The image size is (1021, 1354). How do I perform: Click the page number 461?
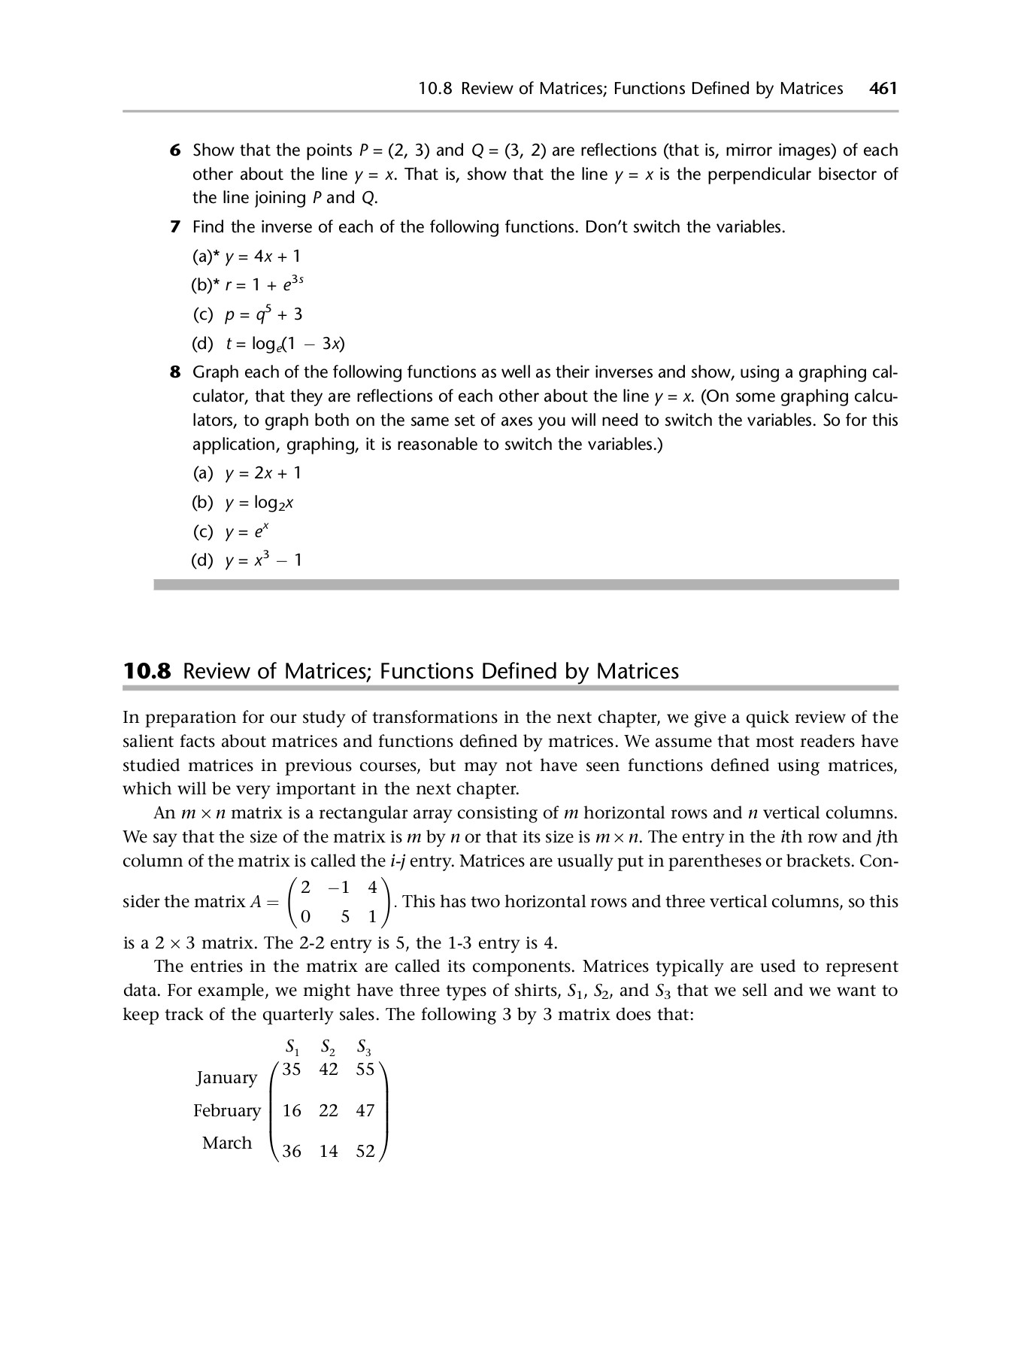pyautogui.click(x=883, y=89)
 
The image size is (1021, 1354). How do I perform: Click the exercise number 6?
pyautogui.click(x=174, y=150)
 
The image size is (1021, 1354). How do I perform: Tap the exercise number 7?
pyautogui.click(x=174, y=227)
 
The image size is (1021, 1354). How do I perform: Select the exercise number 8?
pyautogui.click(x=174, y=372)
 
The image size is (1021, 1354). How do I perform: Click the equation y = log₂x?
pyautogui.click(x=259, y=502)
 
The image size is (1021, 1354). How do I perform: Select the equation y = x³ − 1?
pyautogui.click(x=263, y=560)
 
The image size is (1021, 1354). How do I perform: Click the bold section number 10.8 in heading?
pyautogui.click(x=147, y=671)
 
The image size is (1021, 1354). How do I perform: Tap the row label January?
pyautogui.click(x=226, y=1077)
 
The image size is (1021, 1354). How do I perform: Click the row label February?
pyautogui.click(x=226, y=1110)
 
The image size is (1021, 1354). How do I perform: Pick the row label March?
pyautogui.click(x=226, y=1143)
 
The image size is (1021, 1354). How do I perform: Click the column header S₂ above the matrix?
pyautogui.click(x=329, y=1047)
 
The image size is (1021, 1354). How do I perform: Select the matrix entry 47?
pyautogui.click(x=365, y=1110)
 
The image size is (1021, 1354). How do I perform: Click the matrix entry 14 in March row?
pyautogui.click(x=329, y=1151)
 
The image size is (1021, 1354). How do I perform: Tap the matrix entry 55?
pyautogui.click(x=365, y=1070)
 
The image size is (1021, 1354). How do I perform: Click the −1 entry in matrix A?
pyautogui.click(x=339, y=887)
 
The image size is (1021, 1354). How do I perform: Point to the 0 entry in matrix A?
pyautogui.click(x=305, y=917)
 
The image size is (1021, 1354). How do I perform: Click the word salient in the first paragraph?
pyautogui.click(x=147, y=742)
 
